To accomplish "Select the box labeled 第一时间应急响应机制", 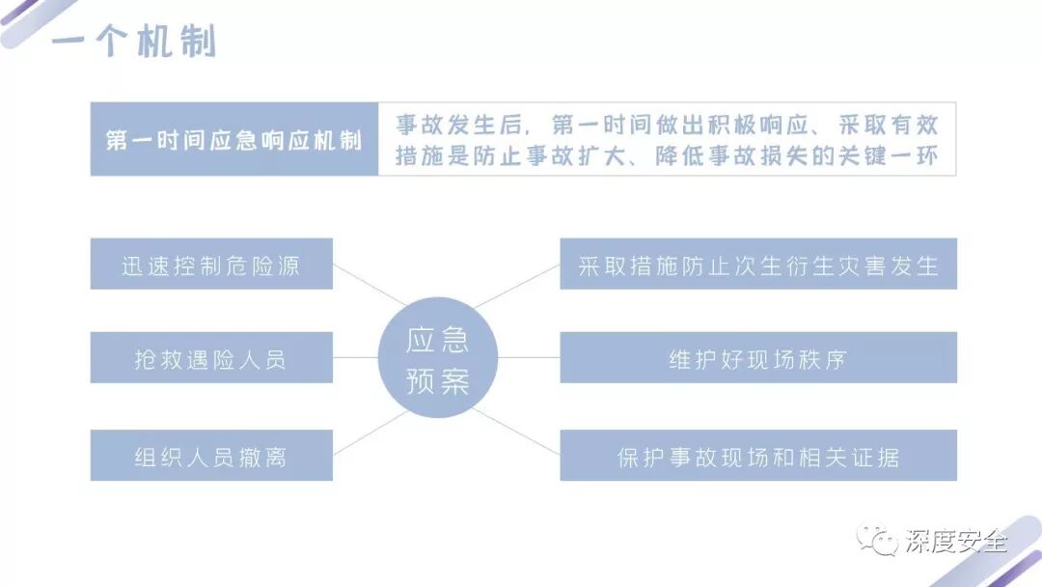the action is click(233, 139).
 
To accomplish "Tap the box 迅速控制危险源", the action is click(211, 265).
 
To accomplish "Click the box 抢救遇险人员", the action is click(211, 358).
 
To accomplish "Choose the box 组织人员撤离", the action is click(211, 456).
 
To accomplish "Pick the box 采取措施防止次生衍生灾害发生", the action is click(758, 265).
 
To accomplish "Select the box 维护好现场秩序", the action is click(758, 358).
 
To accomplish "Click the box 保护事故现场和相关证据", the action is click(758, 456).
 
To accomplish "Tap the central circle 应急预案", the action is click(437, 358).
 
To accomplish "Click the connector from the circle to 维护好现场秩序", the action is click(529, 358).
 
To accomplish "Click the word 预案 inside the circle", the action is click(437, 380).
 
